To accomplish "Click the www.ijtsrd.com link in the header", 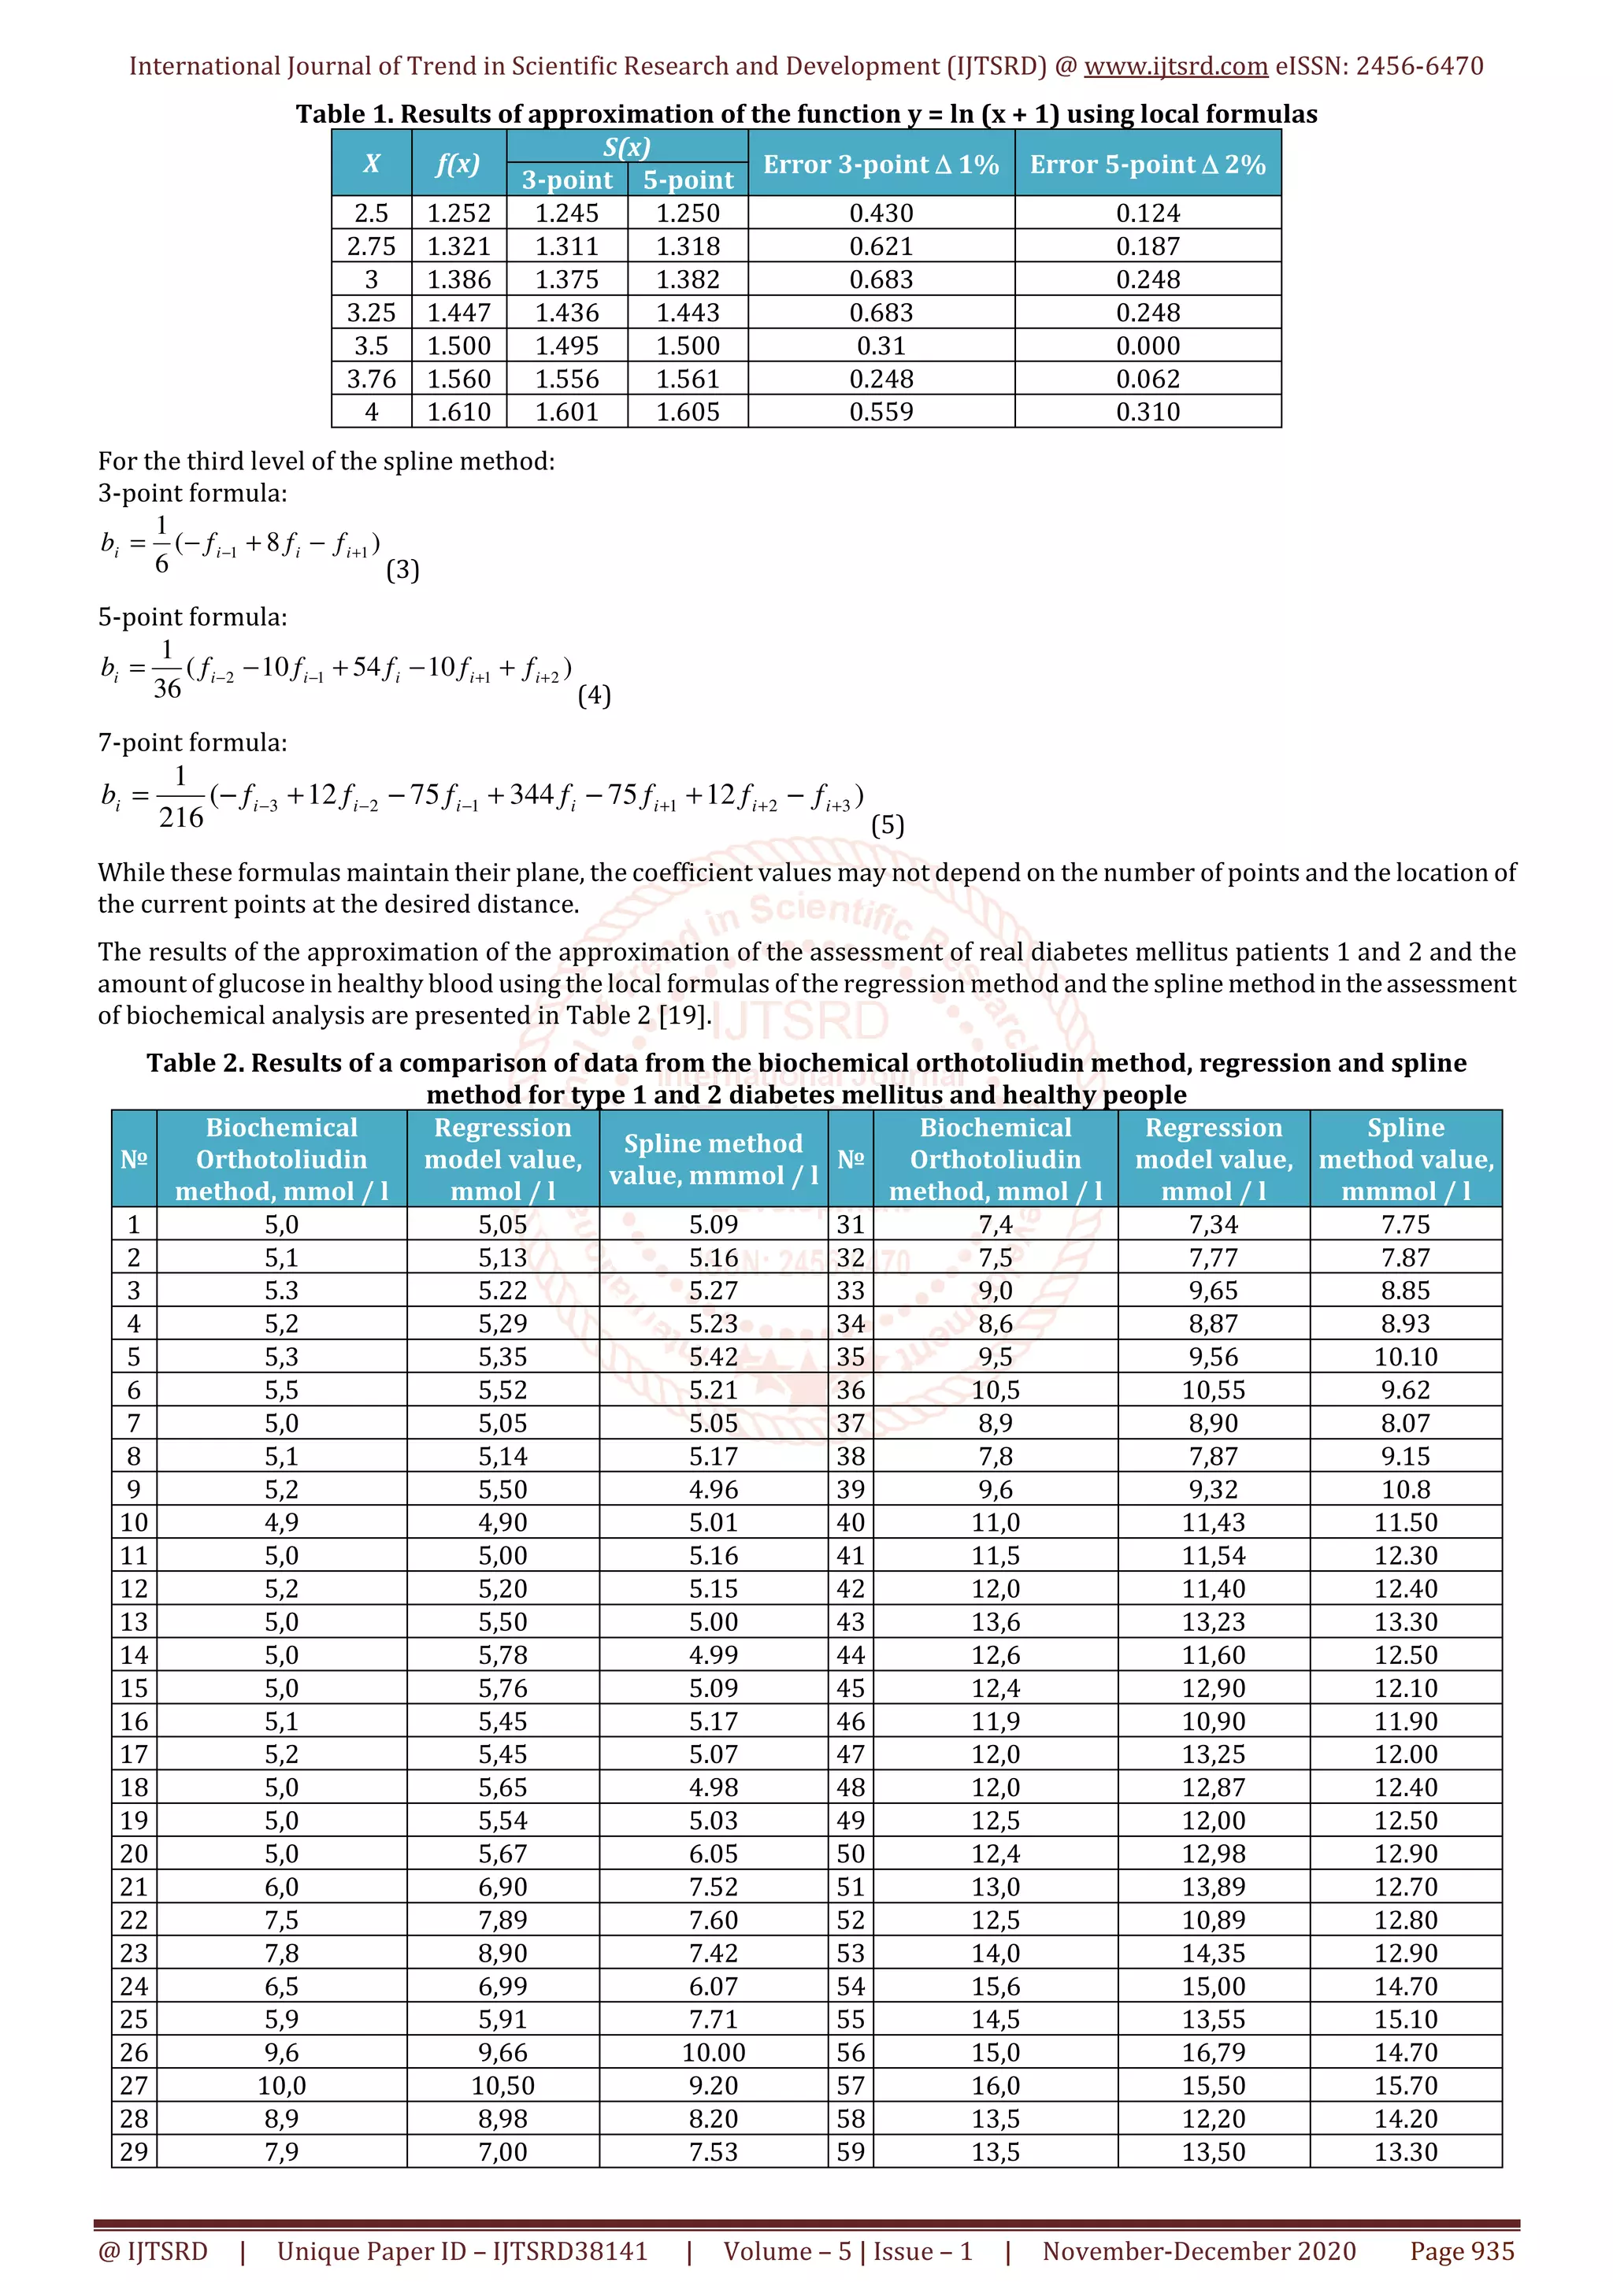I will [1175, 67].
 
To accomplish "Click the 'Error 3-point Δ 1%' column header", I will [881, 164].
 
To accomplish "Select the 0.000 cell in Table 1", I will [1147, 346].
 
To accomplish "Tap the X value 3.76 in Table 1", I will [371, 379].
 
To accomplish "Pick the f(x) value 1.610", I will [458, 412].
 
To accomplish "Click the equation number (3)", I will [402, 569].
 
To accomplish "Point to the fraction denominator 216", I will [181, 817].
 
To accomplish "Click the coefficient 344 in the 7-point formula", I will [531, 795].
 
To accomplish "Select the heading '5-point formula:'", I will [192, 617].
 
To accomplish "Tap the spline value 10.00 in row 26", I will [713, 2052].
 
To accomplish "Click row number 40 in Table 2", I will [851, 1523].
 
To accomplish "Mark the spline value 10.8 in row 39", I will [1405, 1489].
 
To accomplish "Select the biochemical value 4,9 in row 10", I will [281, 1523].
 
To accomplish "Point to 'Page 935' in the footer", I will [1461, 2251].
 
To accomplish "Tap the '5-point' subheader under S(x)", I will [688, 180].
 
